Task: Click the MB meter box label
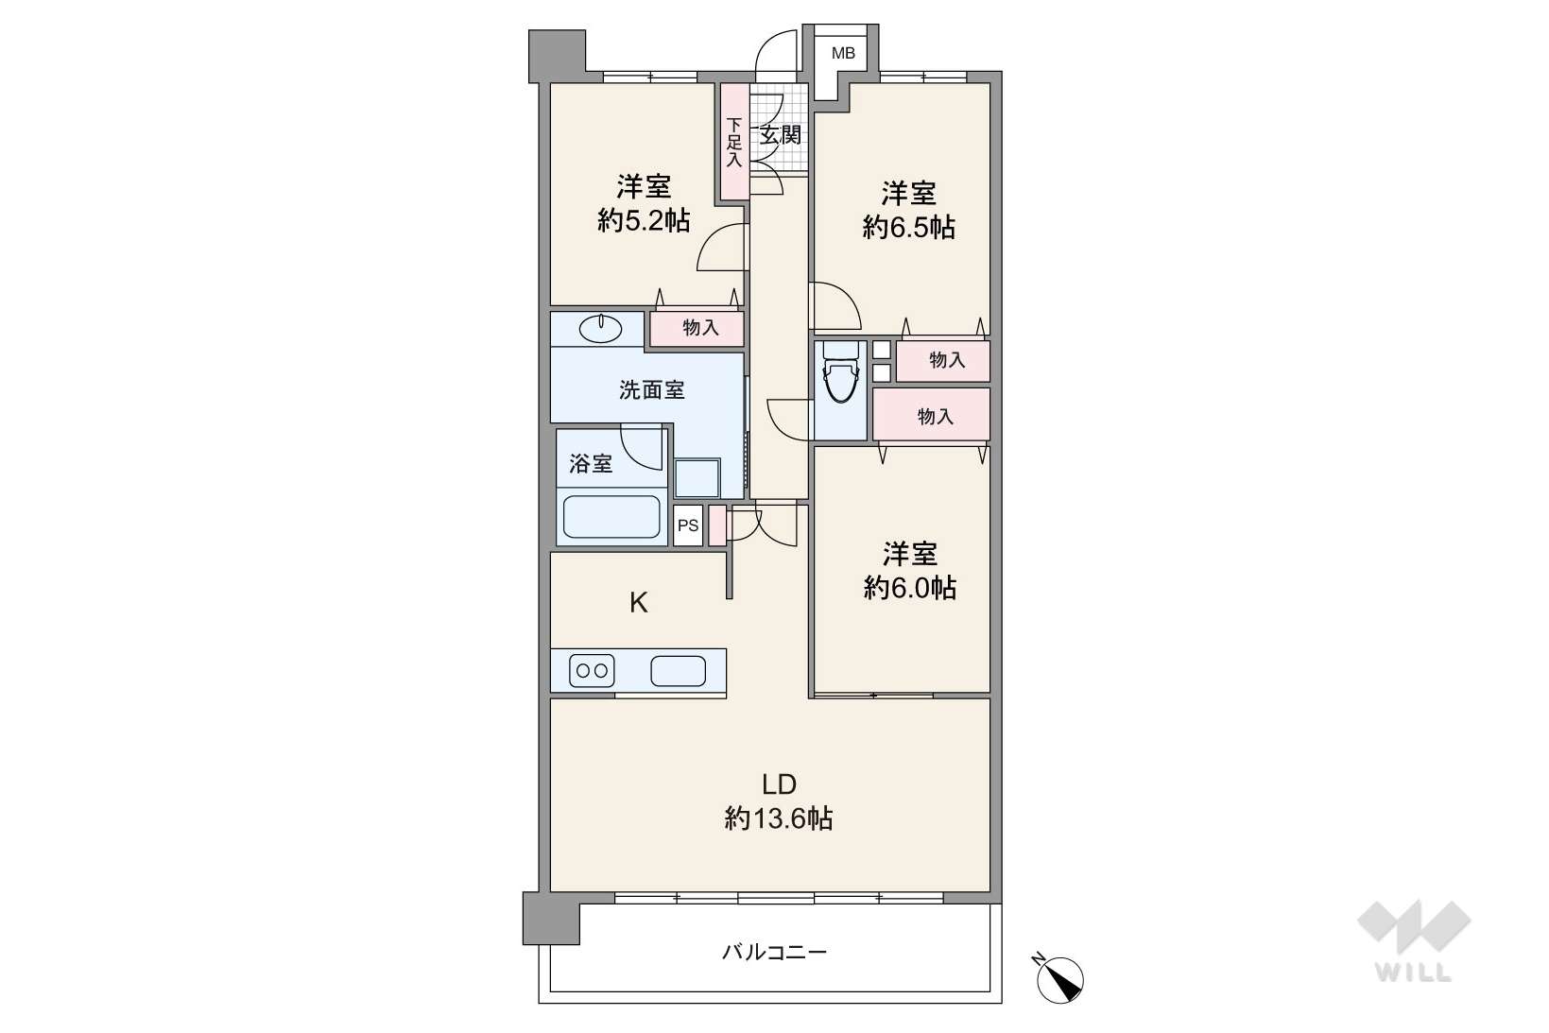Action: click(843, 53)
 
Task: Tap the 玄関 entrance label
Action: click(781, 135)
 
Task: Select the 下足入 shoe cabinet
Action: click(734, 142)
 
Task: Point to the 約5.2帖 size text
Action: click(643, 220)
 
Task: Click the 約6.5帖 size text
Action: click(908, 227)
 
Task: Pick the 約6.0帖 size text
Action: click(909, 588)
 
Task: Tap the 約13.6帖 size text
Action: click(779, 818)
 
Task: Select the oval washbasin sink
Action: click(600, 329)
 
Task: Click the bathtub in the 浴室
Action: click(611, 516)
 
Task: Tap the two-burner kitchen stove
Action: click(592, 670)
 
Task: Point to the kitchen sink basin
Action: click(678, 671)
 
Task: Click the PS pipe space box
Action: click(688, 525)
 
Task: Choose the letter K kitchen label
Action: click(638, 603)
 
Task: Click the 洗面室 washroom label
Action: click(651, 390)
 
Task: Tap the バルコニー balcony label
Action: click(775, 952)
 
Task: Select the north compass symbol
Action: click(1059, 977)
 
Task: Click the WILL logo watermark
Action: click(1414, 940)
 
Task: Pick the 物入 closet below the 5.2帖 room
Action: click(697, 329)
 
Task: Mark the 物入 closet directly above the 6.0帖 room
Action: click(932, 414)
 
